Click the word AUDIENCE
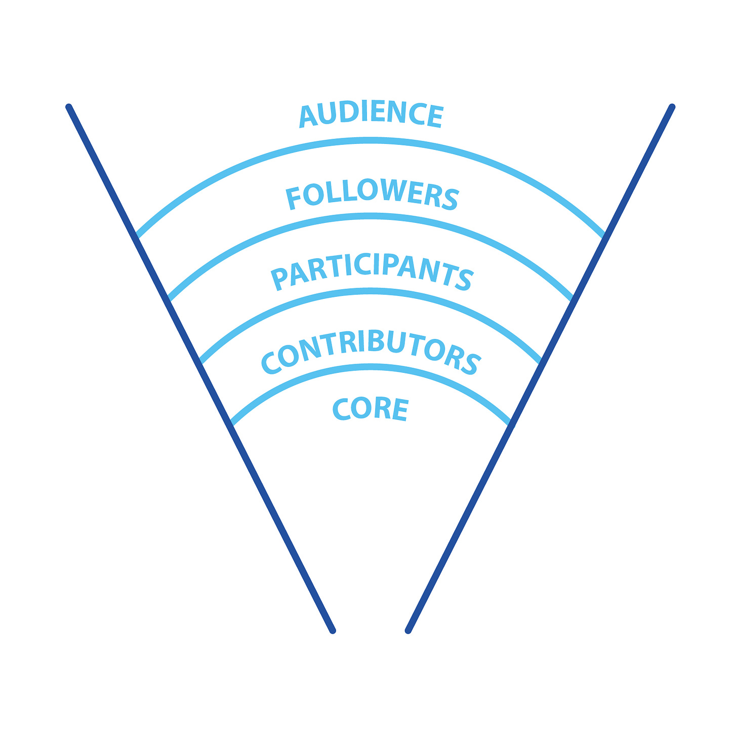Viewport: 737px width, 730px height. pyautogui.click(x=371, y=114)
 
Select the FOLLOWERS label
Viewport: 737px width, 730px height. pyautogui.click(x=372, y=197)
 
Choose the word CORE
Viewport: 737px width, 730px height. pyautogui.click(x=370, y=409)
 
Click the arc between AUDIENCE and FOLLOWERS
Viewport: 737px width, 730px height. pyautogui.click(x=371, y=140)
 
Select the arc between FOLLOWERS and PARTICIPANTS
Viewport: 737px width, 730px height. pyautogui.click(x=371, y=216)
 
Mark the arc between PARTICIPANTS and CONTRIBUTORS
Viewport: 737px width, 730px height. pyautogui.click(x=371, y=291)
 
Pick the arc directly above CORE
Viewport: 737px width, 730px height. pyautogui.click(x=371, y=366)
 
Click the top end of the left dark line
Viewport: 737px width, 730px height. pyautogui.click(x=69, y=107)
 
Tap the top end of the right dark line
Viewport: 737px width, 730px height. pyautogui.click(x=672, y=107)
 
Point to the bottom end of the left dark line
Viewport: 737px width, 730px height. pyautogui.click(x=333, y=631)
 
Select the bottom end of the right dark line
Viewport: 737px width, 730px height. pyautogui.click(x=408, y=631)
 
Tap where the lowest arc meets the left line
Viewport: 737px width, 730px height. pyautogui.click(x=231, y=424)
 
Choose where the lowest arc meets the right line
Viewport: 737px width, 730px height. pyautogui.click(x=510, y=424)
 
